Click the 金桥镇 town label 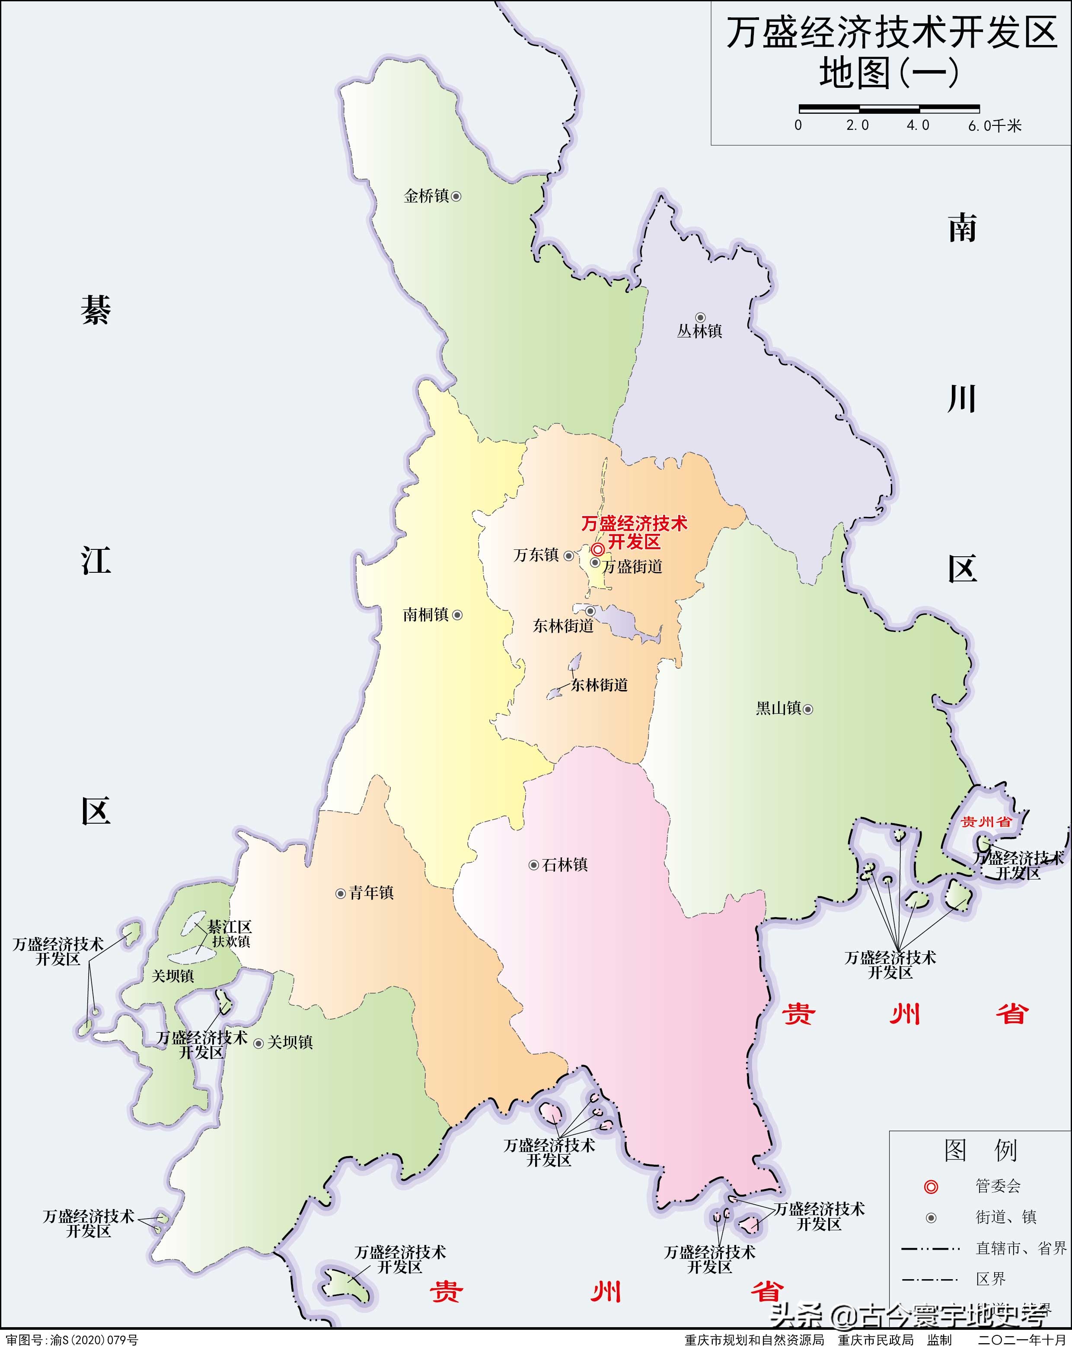pos(426,196)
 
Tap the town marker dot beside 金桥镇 pos(456,196)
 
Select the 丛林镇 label pos(699,331)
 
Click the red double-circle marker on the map pos(598,549)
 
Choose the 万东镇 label pos(536,555)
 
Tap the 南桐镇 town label pos(425,615)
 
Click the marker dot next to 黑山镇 pos(808,709)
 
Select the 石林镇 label pos(565,865)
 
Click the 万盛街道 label pos(633,566)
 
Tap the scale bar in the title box pos(889,109)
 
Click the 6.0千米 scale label pos(995,125)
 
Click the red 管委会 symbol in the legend pos(931,1186)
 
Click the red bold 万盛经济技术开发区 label pos(634,532)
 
